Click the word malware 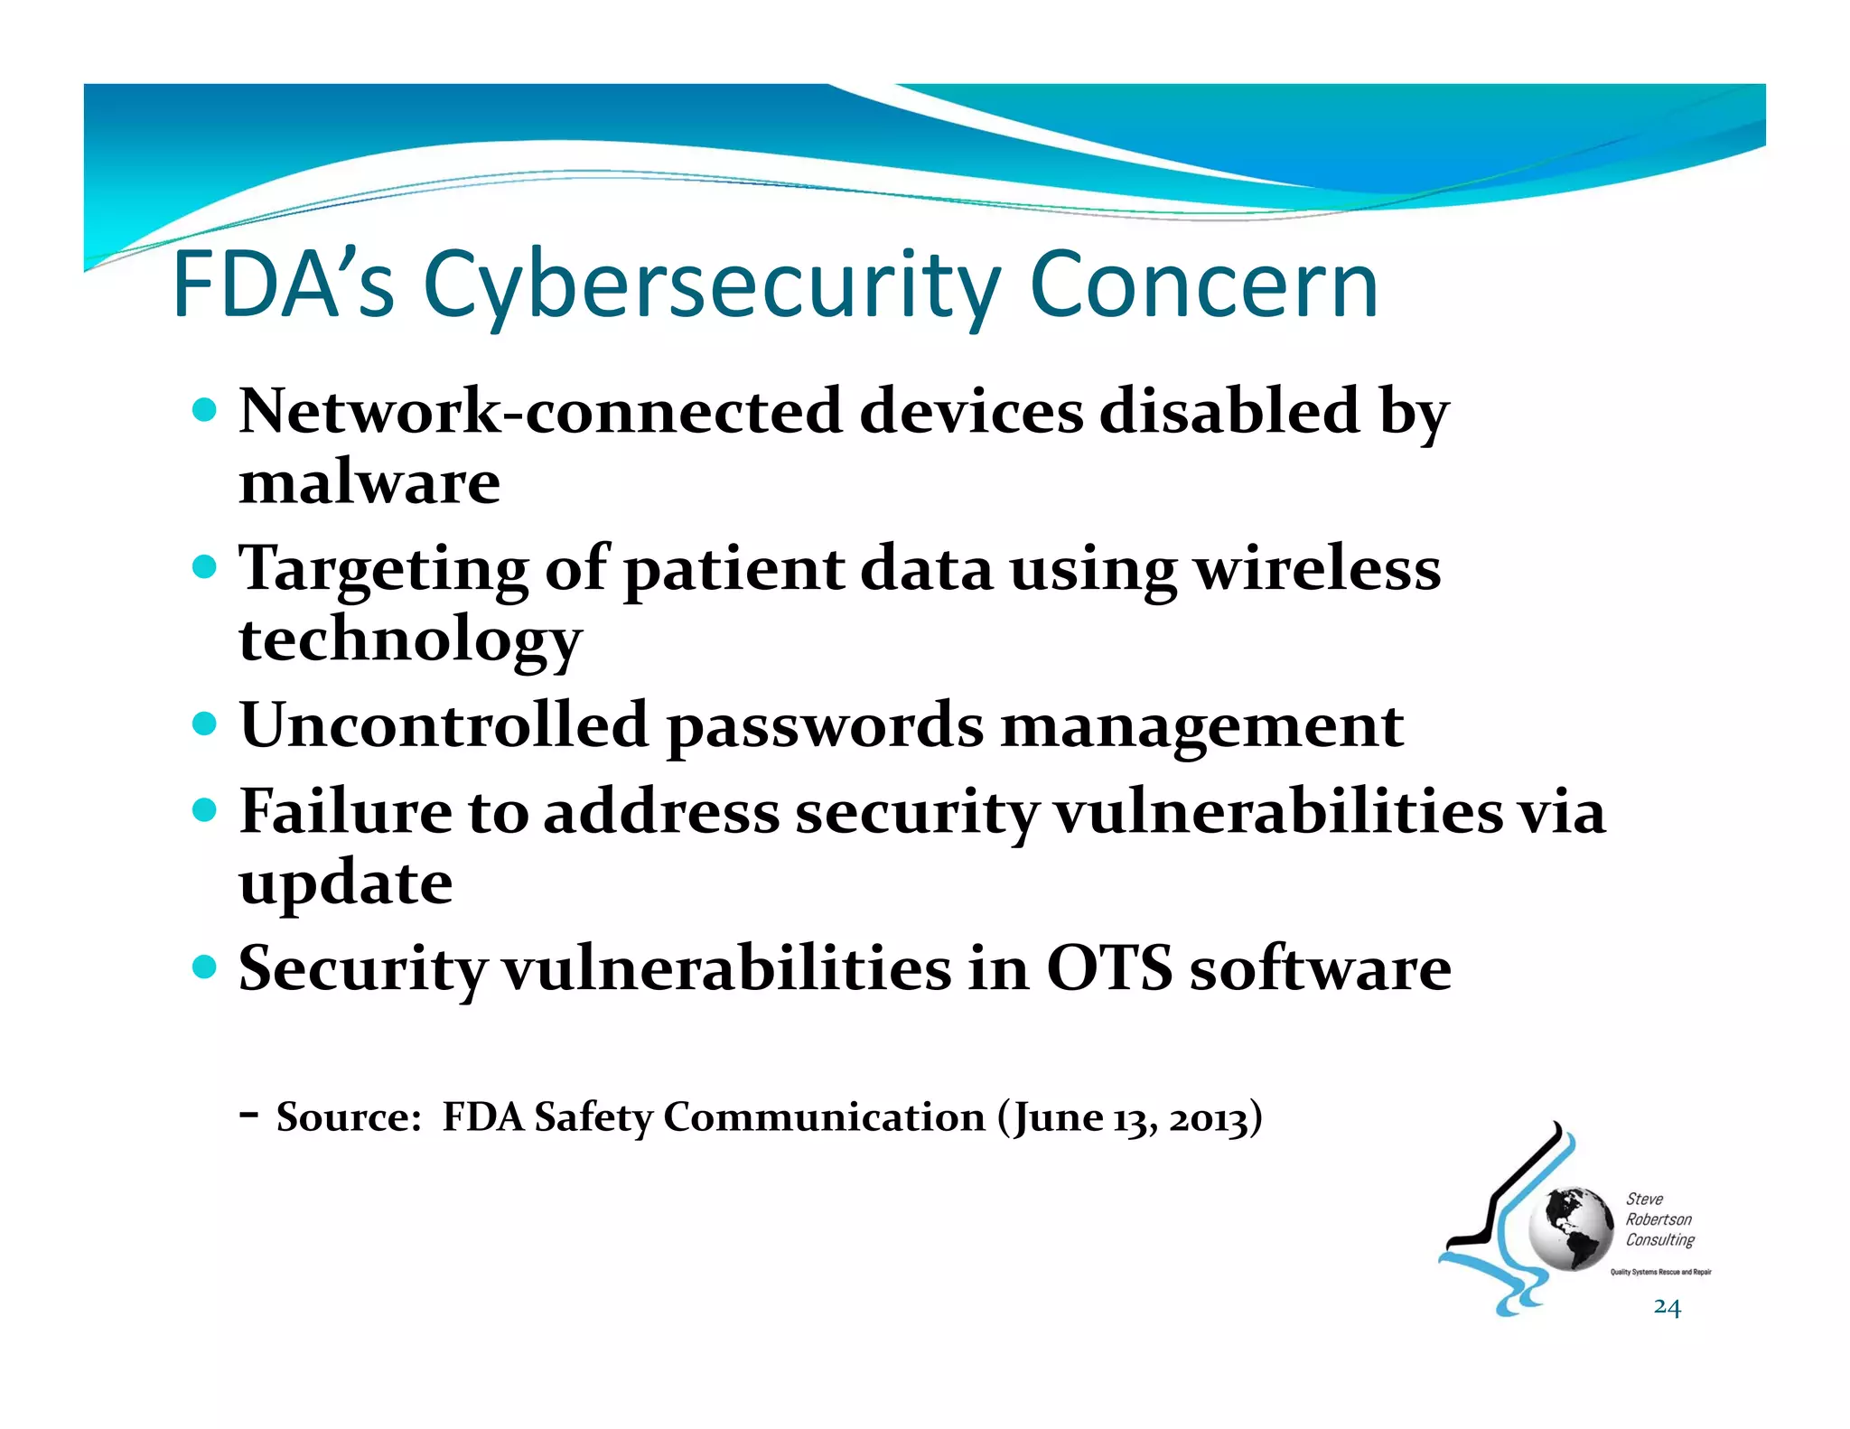(369, 482)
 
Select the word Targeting (383, 571)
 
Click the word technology (410, 640)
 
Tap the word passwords (824, 728)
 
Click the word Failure (344, 811)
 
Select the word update (345, 884)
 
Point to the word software (1319, 968)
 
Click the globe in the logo (1571, 1228)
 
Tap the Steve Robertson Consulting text (1658, 1219)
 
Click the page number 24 (1667, 1307)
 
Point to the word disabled (1229, 412)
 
